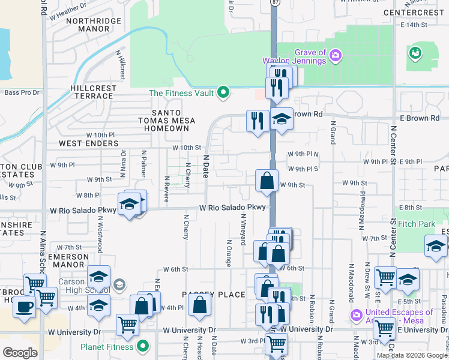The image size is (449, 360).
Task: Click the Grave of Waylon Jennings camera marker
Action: pos(336,56)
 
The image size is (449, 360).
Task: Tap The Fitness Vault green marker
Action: pos(223,92)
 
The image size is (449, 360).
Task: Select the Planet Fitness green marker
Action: pos(143,346)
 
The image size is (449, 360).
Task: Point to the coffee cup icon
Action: pos(25,307)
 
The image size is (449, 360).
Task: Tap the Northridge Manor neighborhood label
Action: pos(93,25)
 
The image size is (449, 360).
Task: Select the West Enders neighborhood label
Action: pos(88,144)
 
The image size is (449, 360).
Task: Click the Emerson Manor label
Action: pos(68,260)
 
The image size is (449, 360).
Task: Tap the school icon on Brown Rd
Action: pos(281,118)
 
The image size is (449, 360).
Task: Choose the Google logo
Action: pos(20,353)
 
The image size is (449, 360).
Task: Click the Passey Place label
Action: pos(206,295)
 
